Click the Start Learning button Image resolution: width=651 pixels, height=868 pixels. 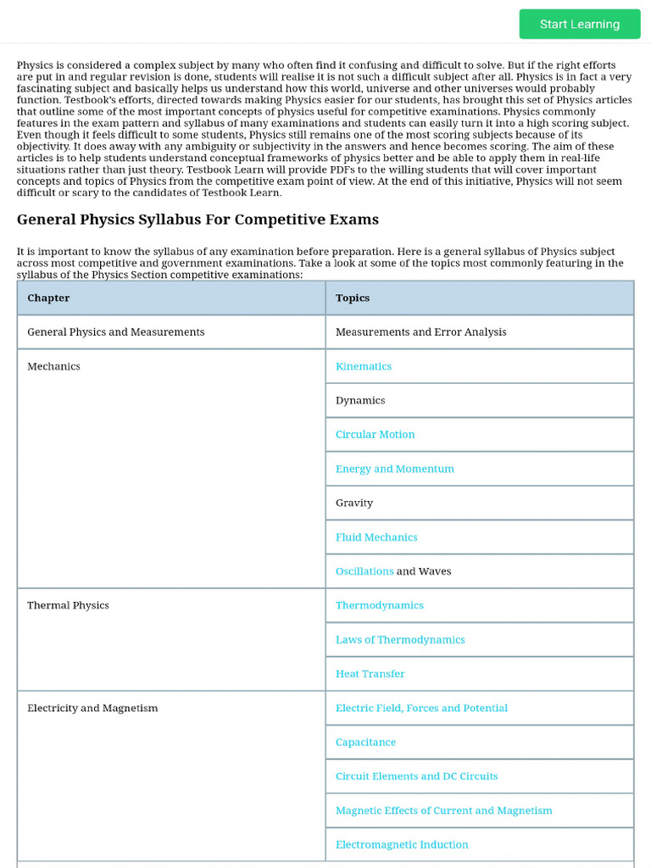pos(580,25)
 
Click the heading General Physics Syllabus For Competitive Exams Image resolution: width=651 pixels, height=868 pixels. pos(198,220)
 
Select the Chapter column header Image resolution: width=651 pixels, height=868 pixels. pos(48,298)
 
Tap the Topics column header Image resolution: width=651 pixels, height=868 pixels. pos(353,298)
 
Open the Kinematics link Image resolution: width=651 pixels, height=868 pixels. pos(364,366)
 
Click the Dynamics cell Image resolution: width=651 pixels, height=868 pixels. pos(360,401)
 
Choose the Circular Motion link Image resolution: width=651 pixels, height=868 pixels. pos(375,435)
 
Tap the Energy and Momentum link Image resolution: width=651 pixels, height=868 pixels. pos(394,469)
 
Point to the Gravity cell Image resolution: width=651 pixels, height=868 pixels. pos(354,504)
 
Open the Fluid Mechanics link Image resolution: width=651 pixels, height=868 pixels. pos(376,537)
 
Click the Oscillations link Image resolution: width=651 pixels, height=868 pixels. pos(364,571)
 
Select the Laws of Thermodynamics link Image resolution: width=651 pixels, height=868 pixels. pos(400,640)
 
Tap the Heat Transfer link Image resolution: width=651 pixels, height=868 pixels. pos(370,674)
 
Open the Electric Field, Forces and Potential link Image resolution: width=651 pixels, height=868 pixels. pos(421,708)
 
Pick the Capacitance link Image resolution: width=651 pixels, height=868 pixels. pos(365,743)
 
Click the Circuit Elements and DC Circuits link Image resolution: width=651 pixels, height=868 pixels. pos(416,776)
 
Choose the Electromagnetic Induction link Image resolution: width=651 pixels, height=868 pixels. pos(402,845)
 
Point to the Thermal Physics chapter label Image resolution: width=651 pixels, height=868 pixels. pos(68,605)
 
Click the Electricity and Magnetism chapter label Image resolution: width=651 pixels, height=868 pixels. pos(92,708)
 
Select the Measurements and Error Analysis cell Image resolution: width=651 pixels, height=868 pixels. pos(420,332)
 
